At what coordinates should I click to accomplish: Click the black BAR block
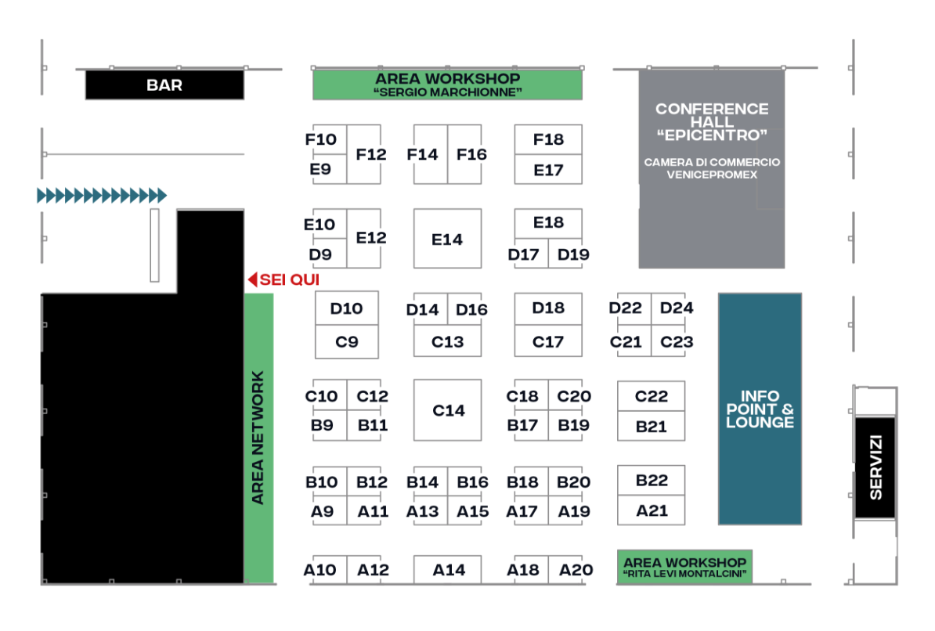point(164,85)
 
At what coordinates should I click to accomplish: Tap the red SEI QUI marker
point(283,279)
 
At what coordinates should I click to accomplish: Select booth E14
point(447,239)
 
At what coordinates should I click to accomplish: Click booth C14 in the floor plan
point(447,410)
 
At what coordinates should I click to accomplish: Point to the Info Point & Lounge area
point(760,409)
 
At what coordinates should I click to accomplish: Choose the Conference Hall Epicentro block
point(711,169)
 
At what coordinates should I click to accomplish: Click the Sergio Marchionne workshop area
point(447,85)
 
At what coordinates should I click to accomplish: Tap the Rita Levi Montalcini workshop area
point(684,567)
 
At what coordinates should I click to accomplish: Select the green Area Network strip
point(258,438)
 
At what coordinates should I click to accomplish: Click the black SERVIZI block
point(875,467)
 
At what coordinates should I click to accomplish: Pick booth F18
point(548,139)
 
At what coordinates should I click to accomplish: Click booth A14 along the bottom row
point(447,570)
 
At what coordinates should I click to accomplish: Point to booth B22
point(652,480)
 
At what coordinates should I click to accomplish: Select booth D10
point(346,308)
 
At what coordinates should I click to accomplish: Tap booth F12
point(364,154)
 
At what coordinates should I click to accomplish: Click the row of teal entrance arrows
point(102,195)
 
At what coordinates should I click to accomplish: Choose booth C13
point(447,341)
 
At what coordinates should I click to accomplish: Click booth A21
point(652,510)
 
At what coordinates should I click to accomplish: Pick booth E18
point(548,223)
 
